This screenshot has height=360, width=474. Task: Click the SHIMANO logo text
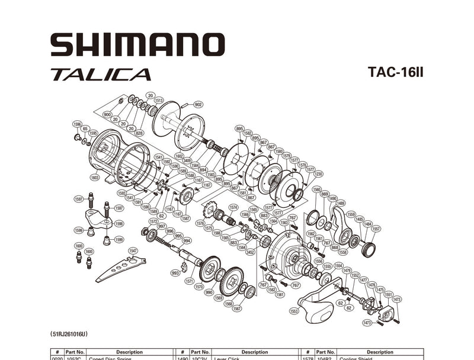point(137,45)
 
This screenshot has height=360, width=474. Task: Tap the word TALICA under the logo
point(100,75)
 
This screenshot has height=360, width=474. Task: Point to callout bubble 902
point(198,104)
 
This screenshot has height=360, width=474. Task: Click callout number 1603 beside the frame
point(95,177)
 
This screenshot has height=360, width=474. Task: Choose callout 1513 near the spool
point(159,100)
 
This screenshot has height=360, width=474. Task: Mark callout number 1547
point(133,251)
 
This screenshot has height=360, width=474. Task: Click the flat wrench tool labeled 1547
point(118,268)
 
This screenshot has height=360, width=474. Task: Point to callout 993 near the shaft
point(175,273)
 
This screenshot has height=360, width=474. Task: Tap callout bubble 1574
point(233,207)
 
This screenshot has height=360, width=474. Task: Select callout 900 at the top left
point(107,114)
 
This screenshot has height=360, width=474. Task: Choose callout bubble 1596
point(77,124)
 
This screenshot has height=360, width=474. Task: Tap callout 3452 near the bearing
point(251,252)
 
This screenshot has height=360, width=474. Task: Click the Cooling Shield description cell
point(380,358)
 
